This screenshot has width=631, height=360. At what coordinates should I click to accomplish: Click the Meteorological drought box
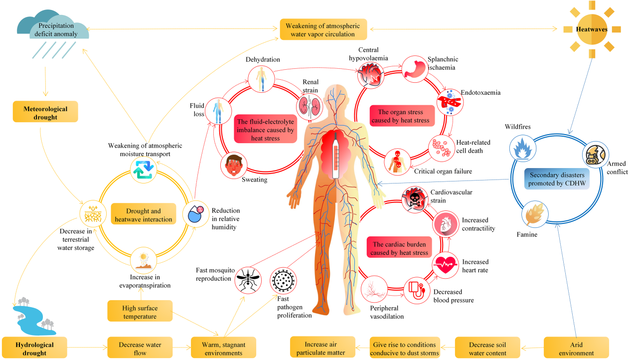point(45,113)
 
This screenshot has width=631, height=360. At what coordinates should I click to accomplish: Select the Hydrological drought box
point(34,349)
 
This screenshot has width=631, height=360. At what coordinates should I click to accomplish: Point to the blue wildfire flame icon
point(522,149)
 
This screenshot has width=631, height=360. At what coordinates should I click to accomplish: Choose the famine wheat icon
point(535,215)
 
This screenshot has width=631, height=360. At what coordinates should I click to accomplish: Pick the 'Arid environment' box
point(576,348)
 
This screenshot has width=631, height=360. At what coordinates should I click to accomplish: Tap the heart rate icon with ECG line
point(445,265)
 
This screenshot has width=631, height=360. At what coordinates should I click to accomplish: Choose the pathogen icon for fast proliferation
point(283,280)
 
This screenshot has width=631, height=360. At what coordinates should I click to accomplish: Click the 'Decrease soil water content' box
point(487,348)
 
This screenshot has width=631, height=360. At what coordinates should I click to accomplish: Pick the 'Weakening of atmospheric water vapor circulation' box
point(323,29)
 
